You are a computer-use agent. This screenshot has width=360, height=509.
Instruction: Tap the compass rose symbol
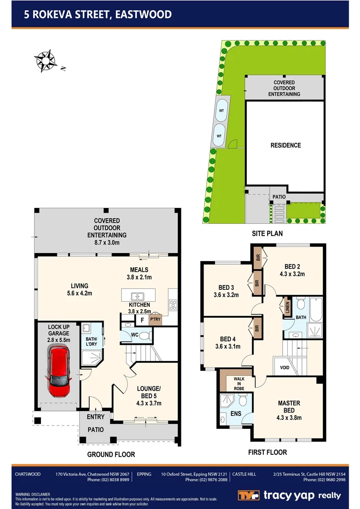click(x=45, y=61)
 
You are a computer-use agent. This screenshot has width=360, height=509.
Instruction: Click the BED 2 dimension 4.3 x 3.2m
click(x=292, y=273)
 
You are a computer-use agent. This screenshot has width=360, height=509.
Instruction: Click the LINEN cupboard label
click(x=286, y=307)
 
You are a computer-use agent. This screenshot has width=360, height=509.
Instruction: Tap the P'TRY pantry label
click(x=155, y=320)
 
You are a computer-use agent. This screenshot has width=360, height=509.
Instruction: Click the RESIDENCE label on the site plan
click(x=286, y=145)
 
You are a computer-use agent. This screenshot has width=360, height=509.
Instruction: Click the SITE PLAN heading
click(x=267, y=233)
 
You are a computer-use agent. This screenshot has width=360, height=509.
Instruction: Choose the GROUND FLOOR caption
click(x=111, y=454)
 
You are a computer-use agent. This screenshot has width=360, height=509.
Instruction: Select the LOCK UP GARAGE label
click(x=58, y=333)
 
